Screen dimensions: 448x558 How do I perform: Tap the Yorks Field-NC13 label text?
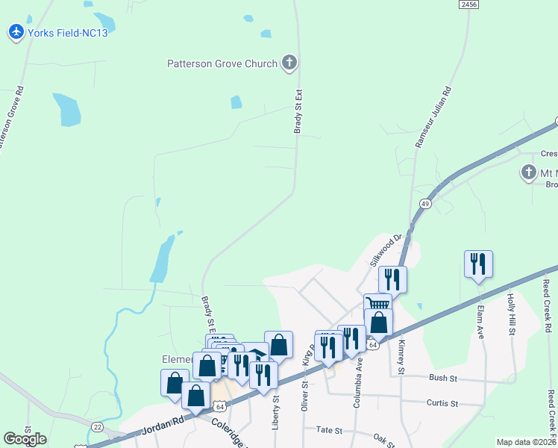pos(63,33)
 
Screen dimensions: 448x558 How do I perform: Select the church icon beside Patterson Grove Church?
pos(289,63)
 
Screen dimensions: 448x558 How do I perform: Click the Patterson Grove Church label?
pos(222,64)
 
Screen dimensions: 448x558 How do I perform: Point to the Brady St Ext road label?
pos(298,112)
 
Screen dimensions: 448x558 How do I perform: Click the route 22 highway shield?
pos(98,426)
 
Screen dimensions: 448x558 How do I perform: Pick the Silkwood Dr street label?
pos(386,250)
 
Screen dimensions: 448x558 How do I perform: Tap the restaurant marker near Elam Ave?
pos(478,264)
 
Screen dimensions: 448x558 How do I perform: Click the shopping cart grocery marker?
pos(378,305)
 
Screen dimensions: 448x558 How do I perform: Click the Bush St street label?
pos(442,379)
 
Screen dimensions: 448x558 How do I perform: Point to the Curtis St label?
pos(442,403)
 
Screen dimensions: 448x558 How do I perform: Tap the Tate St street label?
pos(328,430)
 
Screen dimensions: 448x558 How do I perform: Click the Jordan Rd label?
pos(163,428)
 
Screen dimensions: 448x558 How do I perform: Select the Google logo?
pos(25,439)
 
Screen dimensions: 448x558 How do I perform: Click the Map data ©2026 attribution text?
pos(527,442)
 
